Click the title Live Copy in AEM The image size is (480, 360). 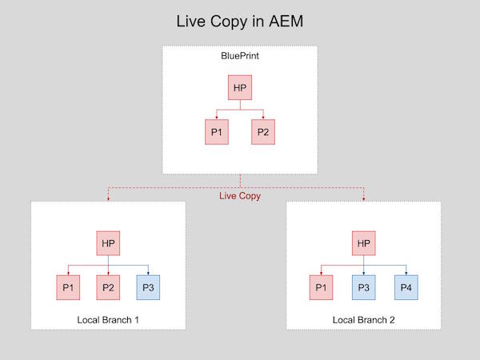239,21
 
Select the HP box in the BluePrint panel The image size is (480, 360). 240,87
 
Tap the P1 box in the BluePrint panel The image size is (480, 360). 215,131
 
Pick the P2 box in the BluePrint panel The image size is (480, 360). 263,131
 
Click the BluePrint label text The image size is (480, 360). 240,56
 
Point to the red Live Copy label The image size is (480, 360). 240,195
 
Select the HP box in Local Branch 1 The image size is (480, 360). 108,243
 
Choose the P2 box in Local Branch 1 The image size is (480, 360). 108,286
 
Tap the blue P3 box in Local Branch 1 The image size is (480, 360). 148,286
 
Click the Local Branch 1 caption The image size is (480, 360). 108,320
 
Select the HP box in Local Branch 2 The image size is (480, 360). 363,243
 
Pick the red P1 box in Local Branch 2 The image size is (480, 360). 322,286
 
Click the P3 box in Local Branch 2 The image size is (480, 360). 363,286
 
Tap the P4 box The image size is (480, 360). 404,286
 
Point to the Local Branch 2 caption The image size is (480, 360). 363,320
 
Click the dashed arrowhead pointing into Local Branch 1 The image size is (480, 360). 108,198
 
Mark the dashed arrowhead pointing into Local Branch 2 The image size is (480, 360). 364,198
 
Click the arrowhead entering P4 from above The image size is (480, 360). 404,272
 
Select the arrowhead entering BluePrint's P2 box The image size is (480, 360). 263,117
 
